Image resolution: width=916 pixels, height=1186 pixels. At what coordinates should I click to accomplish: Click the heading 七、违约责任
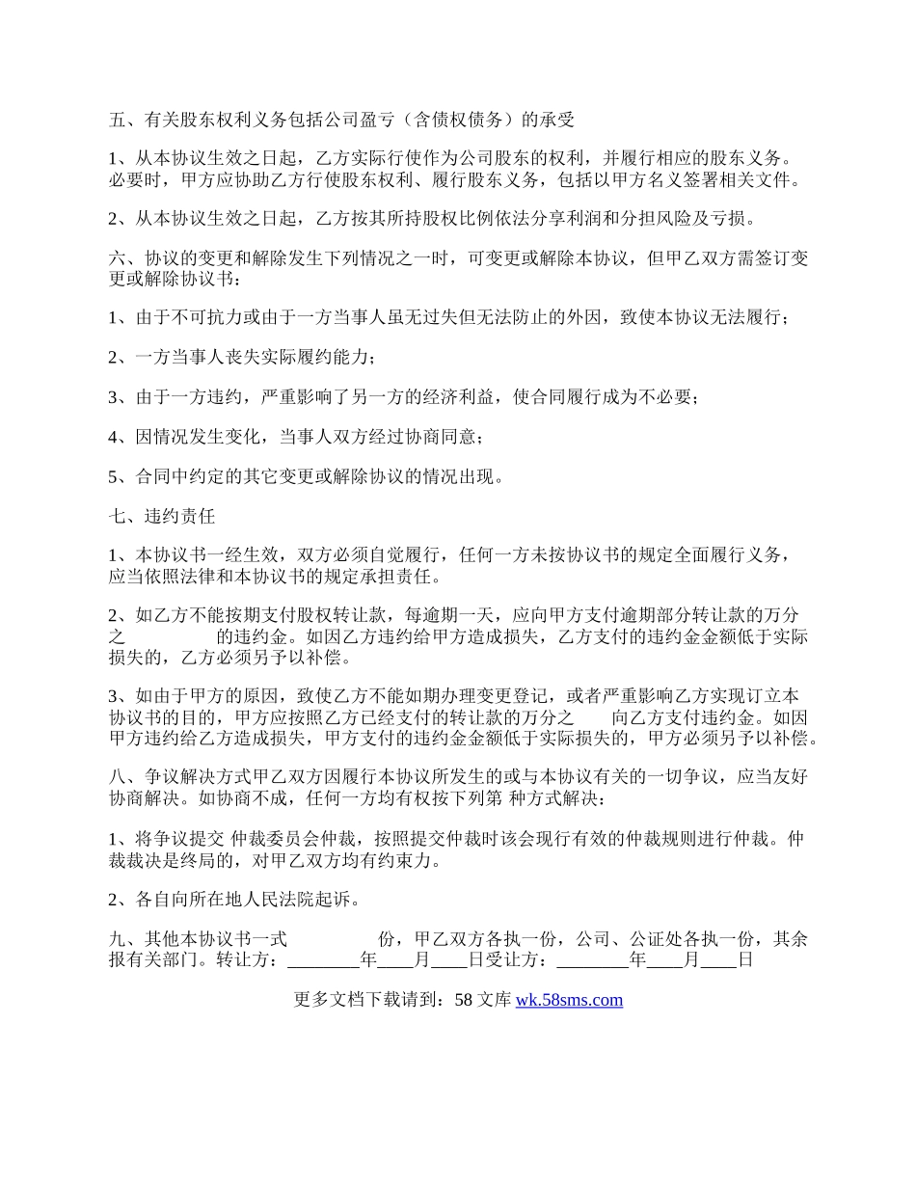pos(161,516)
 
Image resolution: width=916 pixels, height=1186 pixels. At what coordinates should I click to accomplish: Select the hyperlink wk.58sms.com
pos(569,1000)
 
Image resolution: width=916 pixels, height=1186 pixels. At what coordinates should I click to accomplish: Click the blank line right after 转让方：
pos(323,960)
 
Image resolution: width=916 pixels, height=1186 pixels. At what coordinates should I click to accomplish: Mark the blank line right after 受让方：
pos(593,960)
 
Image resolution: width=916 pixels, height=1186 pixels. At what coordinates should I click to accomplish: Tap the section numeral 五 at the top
pos(117,121)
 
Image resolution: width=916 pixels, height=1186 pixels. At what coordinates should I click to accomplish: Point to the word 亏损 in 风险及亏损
pos(728,219)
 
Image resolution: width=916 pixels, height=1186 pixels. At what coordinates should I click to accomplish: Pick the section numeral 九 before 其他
pos(117,939)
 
